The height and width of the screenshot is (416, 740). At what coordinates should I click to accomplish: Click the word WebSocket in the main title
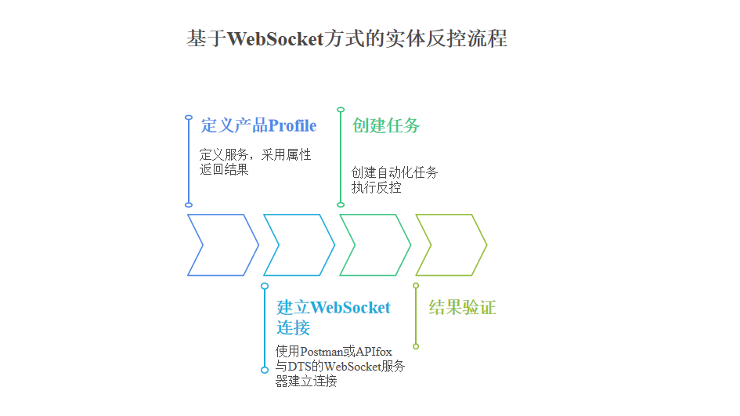click(276, 38)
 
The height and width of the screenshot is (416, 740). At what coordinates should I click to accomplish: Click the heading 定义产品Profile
click(258, 125)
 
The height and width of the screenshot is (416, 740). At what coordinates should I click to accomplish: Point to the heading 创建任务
click(386, 125)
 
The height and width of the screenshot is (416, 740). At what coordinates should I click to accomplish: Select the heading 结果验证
click(463, 307)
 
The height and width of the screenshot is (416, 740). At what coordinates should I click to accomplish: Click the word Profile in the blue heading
click(293, 125)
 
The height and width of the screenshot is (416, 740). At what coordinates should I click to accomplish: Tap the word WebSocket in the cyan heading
click(351, 307)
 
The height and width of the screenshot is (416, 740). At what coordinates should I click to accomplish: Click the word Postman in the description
click(321, 352)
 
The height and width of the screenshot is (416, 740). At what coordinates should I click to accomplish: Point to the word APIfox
click(374, 352)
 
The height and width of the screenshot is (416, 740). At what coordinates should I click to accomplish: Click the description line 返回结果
click(224, 169)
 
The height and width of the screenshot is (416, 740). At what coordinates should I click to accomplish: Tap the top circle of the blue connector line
click(189, 117)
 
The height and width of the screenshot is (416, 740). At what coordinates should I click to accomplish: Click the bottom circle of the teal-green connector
click(341, 204)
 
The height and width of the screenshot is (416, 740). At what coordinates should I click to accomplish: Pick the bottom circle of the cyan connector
click(265, 371)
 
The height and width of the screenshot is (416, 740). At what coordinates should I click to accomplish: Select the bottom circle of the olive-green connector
click(416, 346)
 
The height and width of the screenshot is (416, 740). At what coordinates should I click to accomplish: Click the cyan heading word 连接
click(293, 327)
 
